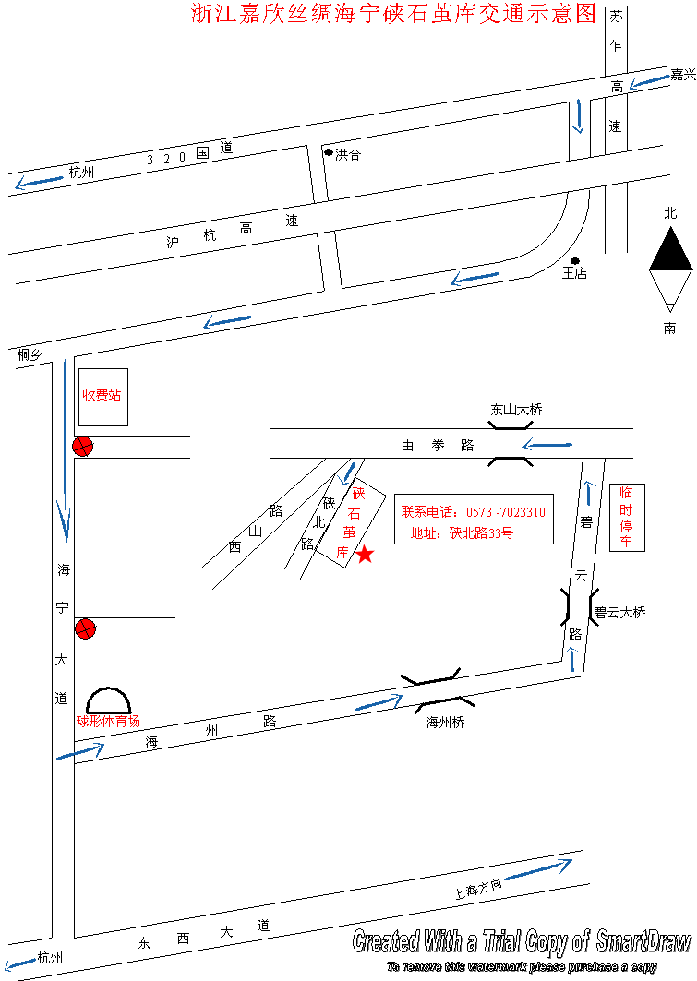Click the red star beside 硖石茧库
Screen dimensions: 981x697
pyautogui.click(x=365, y=555)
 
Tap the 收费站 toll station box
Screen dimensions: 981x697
pyautogui.click(x=102, y=395)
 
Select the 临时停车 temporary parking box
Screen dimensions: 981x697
pyautogui.click(x=626, y=517)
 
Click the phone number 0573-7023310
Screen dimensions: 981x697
pyautogui.click(x=505, y=512)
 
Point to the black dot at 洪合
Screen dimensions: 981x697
pyautogui.click(x=328, y=151)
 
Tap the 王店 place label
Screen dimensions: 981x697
pyautogui.click(x=575, y=273)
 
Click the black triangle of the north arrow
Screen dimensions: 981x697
pyautogui.click(x=670, y=250)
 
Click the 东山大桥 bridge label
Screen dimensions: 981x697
pyautogui.click(x=516, y=410)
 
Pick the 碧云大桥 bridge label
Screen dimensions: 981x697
pyautogui.click(x=619, y=612)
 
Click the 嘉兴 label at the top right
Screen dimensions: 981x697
pyautogui.click(x=682, y=75)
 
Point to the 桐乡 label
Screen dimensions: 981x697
pyautogui.click(x=30, y=353)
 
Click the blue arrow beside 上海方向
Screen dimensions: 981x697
pyautogui.click(x=538, y=868)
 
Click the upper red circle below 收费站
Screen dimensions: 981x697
pyautogui.click(x=83, y=448)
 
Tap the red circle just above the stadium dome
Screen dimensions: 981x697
pyautogui.click(x=85, y=629)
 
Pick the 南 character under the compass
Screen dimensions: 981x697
pyautogui.click(x=669, y=328)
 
